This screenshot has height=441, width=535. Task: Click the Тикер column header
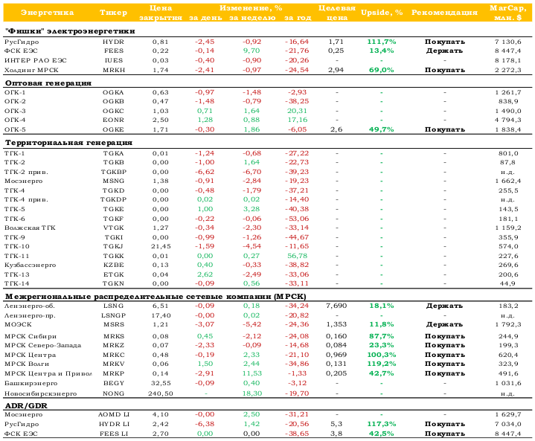click(113, 13)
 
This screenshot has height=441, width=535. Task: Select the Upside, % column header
click(382, 13)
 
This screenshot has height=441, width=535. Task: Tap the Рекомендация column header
click(444, 13)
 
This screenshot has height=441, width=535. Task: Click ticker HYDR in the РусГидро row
click(113, 42)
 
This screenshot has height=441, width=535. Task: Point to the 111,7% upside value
click(382, 42)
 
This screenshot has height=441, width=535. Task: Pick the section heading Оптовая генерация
click(48, 83)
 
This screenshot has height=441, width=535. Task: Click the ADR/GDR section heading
click(26, 406)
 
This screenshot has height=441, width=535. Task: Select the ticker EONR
click(113, 120)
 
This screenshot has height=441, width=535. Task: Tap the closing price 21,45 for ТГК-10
click(161, 247)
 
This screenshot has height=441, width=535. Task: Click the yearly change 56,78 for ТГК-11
click(297, 256)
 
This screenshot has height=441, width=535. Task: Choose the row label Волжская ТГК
click(30, 228)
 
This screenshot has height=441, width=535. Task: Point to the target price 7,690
click(336, 306)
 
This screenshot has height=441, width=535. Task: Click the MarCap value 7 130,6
click(508, 42)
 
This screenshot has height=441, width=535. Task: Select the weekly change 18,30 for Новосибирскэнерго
click(252, 393)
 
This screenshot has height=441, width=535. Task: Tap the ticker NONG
click(113, 393)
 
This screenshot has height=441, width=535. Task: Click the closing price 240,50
click(161, 393)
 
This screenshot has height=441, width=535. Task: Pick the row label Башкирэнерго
click(31, 383)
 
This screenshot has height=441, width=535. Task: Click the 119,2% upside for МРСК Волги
click(382, 364)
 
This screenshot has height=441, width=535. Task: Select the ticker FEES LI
click(114, 434)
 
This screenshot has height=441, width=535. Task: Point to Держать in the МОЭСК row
click(444, 324)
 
